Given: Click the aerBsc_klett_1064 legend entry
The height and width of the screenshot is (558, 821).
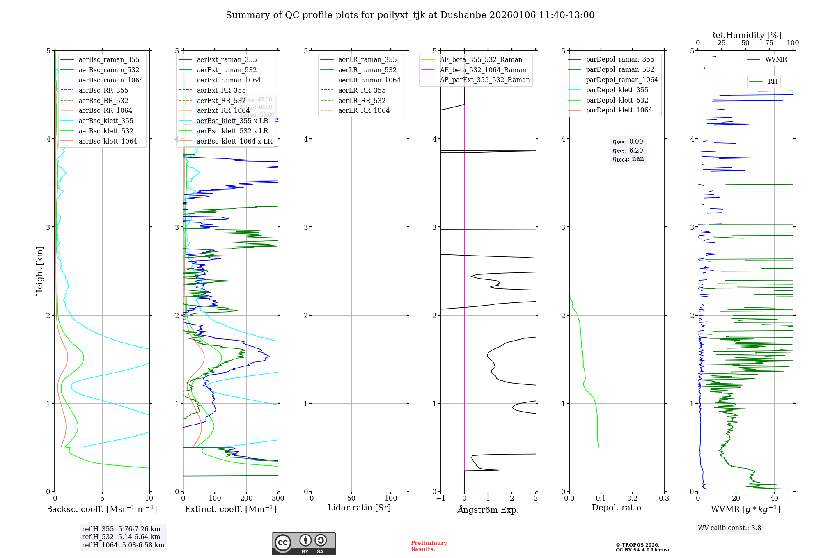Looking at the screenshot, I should [108, 141].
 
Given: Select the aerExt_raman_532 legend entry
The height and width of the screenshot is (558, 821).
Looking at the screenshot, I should [227, 70].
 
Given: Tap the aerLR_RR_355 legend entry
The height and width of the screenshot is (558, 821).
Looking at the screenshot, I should [362, 90].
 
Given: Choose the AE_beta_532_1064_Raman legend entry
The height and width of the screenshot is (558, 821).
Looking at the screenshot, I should [483, 70].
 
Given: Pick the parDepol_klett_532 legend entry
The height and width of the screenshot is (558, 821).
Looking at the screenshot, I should [617, 100].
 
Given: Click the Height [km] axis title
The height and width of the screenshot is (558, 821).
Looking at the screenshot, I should [39, 271].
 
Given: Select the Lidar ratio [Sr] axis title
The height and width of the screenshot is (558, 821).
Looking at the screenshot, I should [359, 508].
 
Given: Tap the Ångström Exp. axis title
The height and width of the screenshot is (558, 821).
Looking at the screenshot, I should [488, 510].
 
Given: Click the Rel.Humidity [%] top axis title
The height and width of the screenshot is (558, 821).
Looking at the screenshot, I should [745, 35].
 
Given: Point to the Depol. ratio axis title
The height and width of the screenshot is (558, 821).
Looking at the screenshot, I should [616, 508].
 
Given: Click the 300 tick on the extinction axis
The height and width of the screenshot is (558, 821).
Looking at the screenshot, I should [278, 499].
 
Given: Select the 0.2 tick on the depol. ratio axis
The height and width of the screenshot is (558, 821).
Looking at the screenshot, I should [633, 499].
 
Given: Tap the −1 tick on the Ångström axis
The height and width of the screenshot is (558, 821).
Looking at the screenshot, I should [440, 499].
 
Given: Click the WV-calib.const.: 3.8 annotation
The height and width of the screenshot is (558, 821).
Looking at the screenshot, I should [729, 528].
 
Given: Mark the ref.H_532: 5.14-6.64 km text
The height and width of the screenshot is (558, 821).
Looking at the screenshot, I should [121, 537].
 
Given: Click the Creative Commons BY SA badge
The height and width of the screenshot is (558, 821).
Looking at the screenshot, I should [303, 544].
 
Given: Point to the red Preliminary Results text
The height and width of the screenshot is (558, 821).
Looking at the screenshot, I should [429, 546].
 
